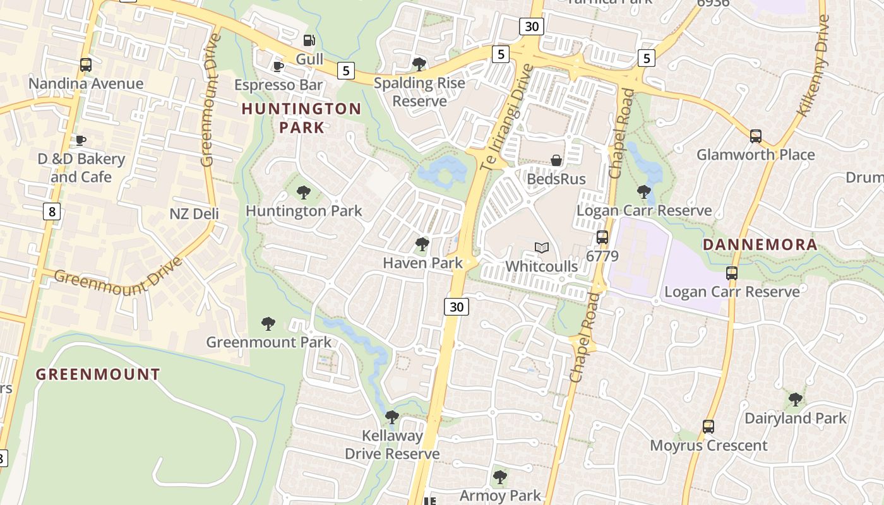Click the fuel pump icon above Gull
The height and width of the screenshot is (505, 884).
pos(309,40)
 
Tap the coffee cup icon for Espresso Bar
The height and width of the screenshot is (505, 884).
pos(278,66)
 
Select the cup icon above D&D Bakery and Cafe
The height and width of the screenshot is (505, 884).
pos(80,140)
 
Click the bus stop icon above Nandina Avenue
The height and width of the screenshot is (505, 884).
pos(85,64)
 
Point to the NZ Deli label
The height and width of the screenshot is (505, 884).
pos(194,214)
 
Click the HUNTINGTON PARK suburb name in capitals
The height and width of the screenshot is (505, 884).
pos(301,118)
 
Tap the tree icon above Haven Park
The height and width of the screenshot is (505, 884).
pos(422,244)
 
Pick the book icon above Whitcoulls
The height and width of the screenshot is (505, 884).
pos(541,247)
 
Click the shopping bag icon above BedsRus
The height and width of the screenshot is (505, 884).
pos(556,160)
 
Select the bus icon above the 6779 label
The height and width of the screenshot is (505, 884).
pos(602,237)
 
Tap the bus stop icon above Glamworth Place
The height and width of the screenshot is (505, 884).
pos(755,136)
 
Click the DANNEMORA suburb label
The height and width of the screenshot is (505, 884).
pos(760,244)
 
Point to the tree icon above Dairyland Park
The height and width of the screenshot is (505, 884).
pos(795,400)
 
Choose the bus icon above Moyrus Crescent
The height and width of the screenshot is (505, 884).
pos(708,427)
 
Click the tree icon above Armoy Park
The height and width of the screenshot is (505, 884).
pos(499,477)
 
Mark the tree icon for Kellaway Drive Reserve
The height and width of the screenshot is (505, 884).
pos(392,417)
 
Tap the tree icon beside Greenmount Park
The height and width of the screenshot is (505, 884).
pos(268,324)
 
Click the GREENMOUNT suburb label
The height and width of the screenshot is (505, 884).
pos(98,374)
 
